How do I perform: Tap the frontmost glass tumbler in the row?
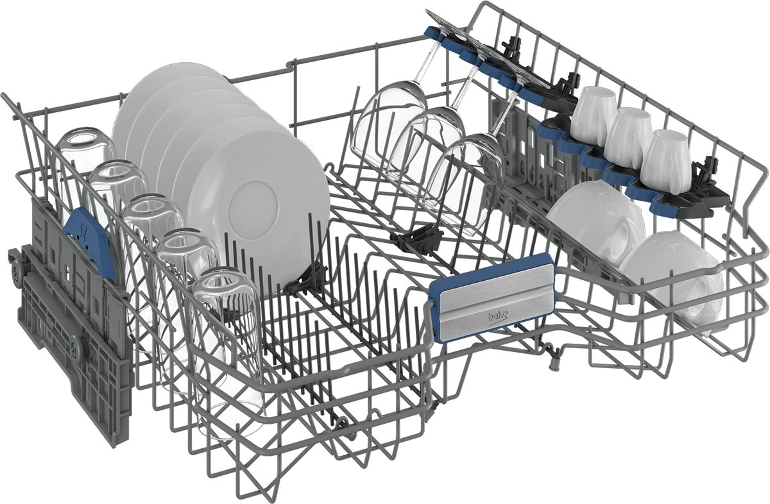point(225,351)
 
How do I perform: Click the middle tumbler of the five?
point(151,240)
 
